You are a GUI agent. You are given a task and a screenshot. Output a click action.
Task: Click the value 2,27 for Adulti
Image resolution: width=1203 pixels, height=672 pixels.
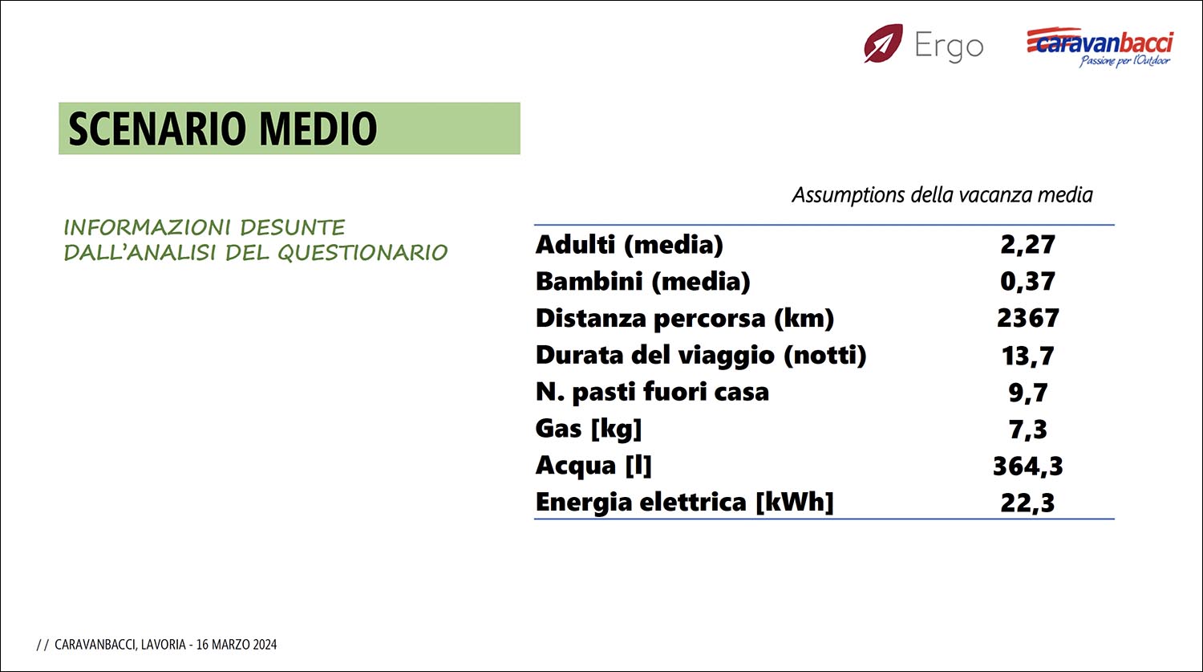click(1027, 245)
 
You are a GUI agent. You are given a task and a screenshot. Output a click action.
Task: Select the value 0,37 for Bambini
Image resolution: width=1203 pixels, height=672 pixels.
click(1027, 281)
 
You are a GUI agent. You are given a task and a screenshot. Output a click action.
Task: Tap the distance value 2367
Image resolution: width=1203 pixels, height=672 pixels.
click(1028, 318)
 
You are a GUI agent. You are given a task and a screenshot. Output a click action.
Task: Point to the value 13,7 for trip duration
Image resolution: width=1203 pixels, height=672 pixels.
click(1027, 356)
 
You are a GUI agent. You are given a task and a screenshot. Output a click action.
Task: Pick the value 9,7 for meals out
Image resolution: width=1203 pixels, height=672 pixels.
click(1028, 392)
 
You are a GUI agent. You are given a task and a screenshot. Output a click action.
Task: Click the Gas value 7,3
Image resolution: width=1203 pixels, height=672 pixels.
click(1028, 429)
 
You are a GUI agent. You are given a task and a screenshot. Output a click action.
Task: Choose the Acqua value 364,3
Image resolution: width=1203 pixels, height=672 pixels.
click(1028, 466)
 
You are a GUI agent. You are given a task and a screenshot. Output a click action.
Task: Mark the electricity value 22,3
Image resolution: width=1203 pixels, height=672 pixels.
click(1027, 503)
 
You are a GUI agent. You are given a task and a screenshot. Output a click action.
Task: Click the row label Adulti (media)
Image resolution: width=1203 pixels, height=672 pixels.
click(630, 245)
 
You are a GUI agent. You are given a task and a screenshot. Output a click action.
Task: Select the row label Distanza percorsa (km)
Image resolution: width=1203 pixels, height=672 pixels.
click(685, 319)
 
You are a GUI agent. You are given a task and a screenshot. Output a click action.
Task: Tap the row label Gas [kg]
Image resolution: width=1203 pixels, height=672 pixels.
click(589, 429)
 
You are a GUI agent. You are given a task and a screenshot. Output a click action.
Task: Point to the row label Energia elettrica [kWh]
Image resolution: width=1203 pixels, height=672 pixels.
click(685, 502)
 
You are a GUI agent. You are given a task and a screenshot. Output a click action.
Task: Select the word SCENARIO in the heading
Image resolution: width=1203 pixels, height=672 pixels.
click(158, 128)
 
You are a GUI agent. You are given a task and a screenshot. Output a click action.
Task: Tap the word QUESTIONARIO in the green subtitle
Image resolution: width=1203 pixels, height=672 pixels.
click(363, 253)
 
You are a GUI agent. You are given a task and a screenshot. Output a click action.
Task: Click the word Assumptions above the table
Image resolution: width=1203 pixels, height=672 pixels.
click(849, 195)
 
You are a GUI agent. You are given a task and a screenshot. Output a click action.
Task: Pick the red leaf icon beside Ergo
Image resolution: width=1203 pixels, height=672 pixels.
click(884, 43)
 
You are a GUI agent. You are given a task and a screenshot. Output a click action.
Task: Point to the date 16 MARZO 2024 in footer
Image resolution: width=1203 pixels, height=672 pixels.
click(237, 645)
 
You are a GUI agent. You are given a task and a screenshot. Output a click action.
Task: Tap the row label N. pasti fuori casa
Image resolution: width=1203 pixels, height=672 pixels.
click(653, 392)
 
